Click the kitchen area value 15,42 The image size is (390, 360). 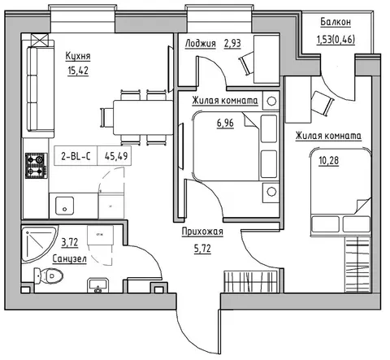(78, 71)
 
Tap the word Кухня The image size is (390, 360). (78, 56)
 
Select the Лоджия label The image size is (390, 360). (201, 43)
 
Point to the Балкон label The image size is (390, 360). (336, 22)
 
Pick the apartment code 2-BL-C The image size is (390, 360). (76, 156)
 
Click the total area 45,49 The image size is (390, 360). (116, 156)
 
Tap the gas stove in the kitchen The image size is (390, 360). (37, 166)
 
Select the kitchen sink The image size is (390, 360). (64, 206)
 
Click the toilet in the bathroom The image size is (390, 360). (49, 275)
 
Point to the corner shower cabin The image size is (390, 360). (38, 245)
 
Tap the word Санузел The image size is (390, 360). (70, 259)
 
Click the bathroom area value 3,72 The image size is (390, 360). (70, 242)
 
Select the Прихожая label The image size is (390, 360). (202, 232)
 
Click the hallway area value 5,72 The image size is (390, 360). (202, 249)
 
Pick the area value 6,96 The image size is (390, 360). (225, 124)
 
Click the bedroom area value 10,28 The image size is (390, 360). (329, 161)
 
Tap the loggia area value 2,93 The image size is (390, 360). (232, 43)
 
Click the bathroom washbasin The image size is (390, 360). (98, 285)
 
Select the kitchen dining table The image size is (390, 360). (143, 118)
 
